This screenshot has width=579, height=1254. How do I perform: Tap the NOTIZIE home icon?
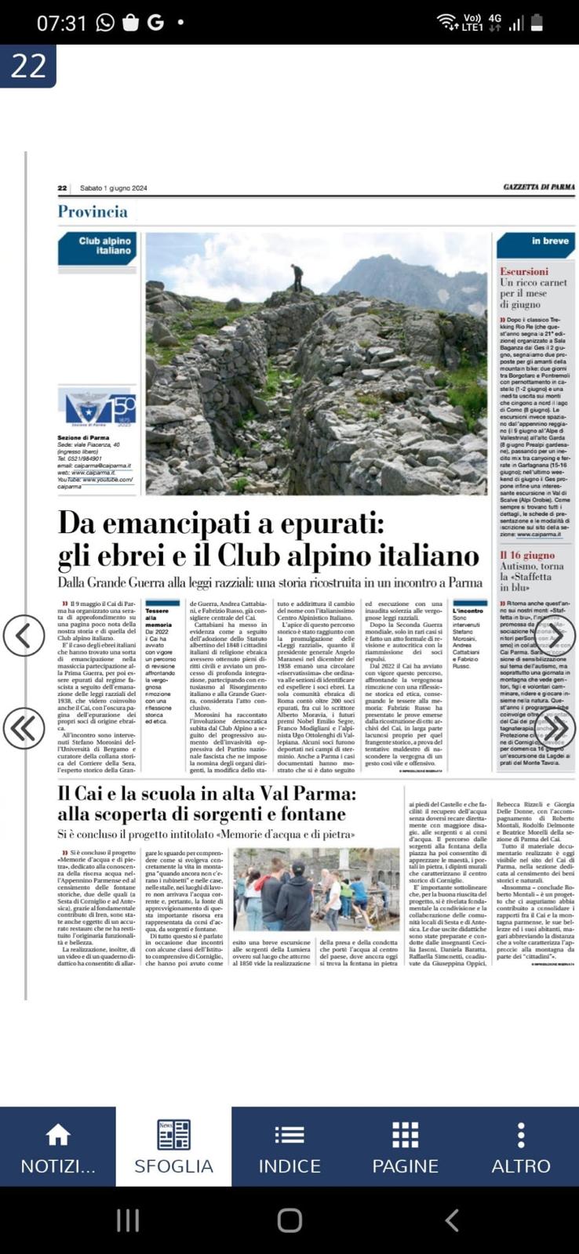click(x=57, y=1134)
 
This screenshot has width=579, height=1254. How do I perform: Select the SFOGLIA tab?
click(x=173, y=1147)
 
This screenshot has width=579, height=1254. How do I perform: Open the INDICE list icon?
click(x=289, y=1134)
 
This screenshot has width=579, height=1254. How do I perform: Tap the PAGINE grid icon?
click(x=405, y=1134)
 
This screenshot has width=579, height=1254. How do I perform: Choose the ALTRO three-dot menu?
click(x=521, y=1134)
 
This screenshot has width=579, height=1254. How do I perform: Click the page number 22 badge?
click(x=28, y=66)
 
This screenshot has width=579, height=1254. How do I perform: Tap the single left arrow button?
click(x=24, y=635)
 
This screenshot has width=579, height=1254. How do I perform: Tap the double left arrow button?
click(x=24, y=729)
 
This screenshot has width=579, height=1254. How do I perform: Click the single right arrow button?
click(x=555, y=635)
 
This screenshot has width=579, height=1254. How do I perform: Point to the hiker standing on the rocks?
click(x=297, y=278)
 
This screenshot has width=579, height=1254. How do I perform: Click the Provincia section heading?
click(x=93, y=212)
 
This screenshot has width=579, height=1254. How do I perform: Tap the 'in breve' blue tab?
click(x=537, y=243)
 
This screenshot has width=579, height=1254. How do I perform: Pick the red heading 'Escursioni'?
click(x=524, y=271)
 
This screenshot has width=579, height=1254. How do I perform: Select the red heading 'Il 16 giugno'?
click(x=527, y=555)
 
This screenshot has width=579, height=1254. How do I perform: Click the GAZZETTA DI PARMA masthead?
click(x=539, y=187)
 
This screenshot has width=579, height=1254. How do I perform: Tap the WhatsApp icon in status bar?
click(x=105, y=23)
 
